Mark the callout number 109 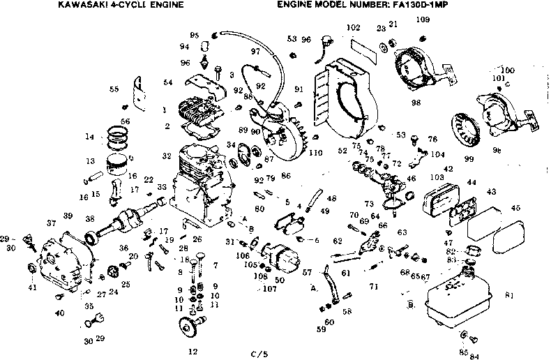click(423, 19)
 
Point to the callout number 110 click(316, 152)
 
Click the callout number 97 click(255, 52)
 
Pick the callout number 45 click(515, 207)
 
